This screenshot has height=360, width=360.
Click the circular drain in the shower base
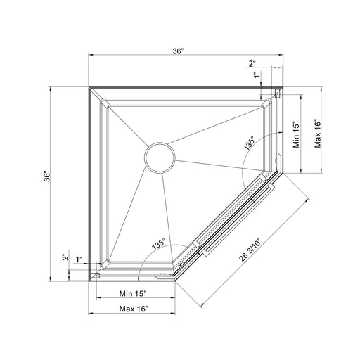(160, 157)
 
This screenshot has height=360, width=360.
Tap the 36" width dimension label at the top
(178, 51)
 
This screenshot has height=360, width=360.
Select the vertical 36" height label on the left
(47, 177)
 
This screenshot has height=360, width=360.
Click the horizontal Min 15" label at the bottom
(133, 293)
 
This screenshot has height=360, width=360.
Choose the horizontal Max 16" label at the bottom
(134, 309)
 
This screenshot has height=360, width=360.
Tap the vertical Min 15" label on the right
(296, 134)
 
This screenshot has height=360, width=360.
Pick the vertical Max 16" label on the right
(318, 134)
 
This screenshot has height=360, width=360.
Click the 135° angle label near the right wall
(249, 143)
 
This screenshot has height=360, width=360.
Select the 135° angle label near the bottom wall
(158, 245)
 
